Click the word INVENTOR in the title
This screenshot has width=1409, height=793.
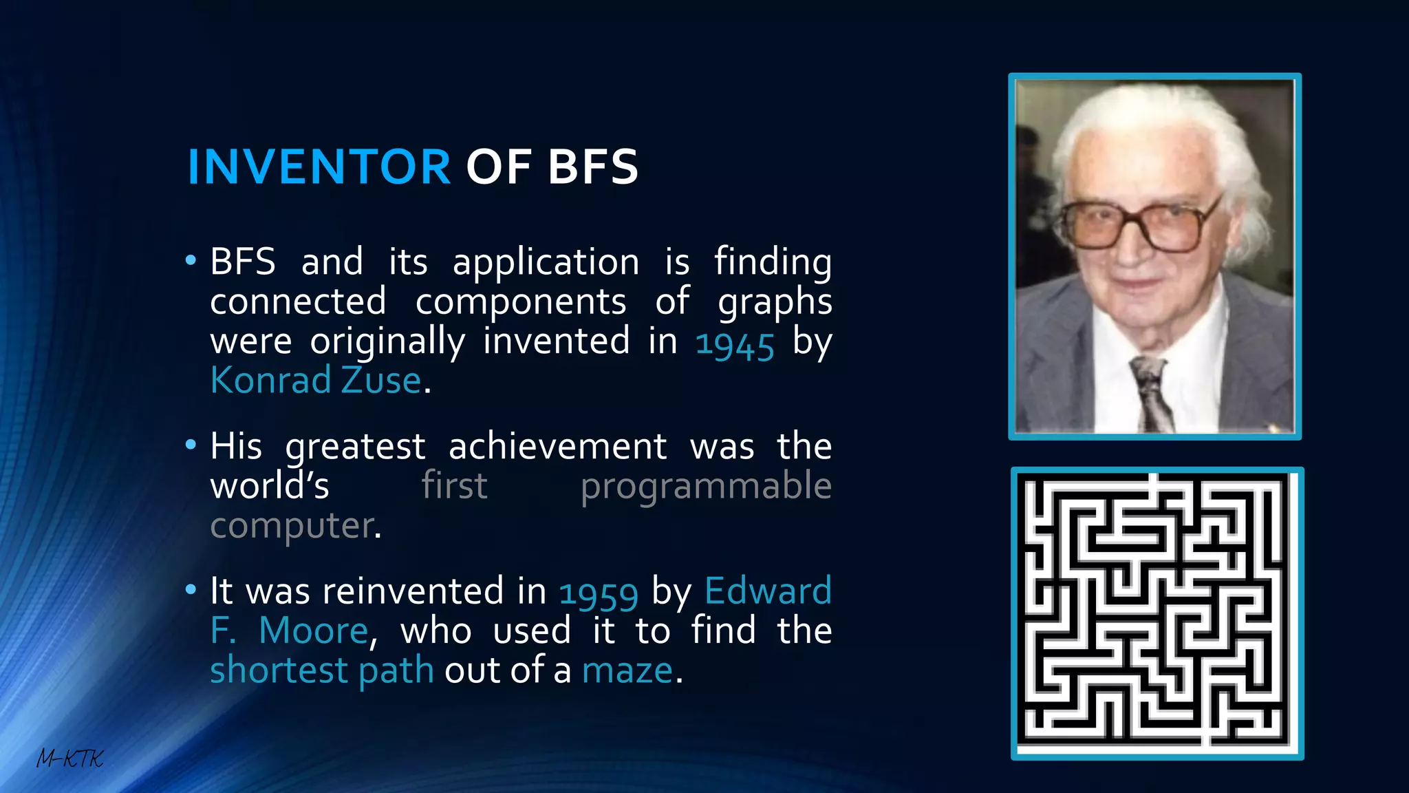point(319,167)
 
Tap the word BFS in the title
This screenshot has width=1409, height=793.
point(593,167)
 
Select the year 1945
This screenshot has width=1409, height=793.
point(735,343)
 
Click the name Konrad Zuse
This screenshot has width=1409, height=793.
point(316,380)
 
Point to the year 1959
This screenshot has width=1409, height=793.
point(599,593)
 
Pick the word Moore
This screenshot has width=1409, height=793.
point(314,631)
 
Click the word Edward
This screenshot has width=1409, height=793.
point(768,591)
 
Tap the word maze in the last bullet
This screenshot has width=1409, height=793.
point(627,670)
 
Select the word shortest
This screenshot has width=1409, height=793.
point(279,670)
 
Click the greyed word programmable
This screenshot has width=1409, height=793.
point(706,487)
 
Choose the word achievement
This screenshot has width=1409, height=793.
point(557,447)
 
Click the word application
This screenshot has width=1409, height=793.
point(546,263)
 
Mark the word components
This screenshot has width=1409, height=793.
point(521,302)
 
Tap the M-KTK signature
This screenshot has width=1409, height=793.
point(69,759)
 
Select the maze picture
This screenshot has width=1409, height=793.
point(1157,613)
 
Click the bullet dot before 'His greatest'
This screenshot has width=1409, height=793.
point(191,445)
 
